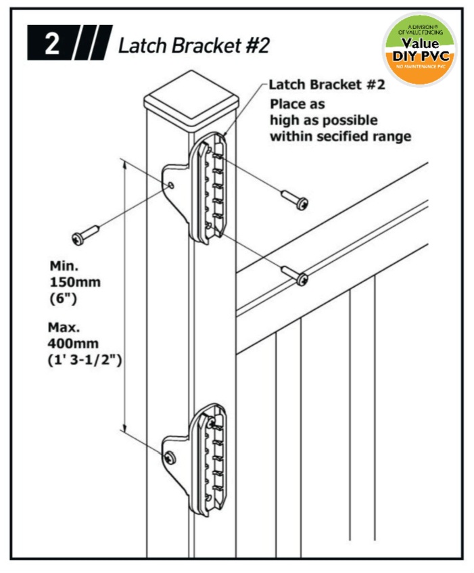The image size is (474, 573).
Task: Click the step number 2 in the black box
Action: click(52, 44)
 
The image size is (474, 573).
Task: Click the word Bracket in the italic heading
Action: click(206, 46)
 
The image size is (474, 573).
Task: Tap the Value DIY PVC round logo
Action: click(420, 49)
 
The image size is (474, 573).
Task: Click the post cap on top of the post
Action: click(191, 99)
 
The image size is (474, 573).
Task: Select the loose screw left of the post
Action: click(85, 235)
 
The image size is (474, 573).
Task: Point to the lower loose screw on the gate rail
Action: click(294, 276)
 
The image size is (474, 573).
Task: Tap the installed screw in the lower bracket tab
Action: click(170, 457)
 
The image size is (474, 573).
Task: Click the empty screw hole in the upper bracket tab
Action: click(171, 185)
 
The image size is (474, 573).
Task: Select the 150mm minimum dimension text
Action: click(75, 283)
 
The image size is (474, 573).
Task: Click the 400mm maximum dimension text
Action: click(73, 344)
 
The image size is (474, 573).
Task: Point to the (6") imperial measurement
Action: click(63, 299)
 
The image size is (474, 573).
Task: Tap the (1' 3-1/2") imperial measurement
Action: click(85, 361)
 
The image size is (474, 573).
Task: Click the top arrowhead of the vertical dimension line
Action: click(124, 166)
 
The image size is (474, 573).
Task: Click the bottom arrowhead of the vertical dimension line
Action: click(124, 428)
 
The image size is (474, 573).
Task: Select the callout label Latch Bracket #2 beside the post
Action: click(327, 85)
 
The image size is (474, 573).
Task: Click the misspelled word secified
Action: click(342, 137)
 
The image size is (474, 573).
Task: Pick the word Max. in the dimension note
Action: click(64, 327)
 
